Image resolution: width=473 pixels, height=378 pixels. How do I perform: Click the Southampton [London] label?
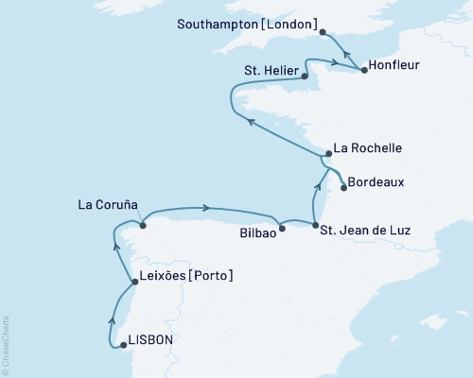[248, 22]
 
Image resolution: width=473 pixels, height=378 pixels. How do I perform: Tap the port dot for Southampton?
[324, 31]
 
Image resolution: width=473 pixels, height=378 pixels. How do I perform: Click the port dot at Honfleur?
[365, 70]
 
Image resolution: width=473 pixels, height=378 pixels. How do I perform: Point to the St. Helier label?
[271, 72]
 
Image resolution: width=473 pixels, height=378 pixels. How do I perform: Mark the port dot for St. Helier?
[305, 77]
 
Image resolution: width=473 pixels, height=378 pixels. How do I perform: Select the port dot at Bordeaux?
[343, 187]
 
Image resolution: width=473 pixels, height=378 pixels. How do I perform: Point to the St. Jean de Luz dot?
[315, 225]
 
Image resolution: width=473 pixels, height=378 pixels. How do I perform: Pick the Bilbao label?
[258, 231]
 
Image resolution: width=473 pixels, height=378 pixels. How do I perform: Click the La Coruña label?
[109, 205]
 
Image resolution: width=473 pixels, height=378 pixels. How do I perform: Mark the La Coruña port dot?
[142, 225]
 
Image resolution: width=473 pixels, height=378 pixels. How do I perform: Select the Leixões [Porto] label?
[185, 276]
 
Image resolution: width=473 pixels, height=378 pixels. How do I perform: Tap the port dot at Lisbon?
[123, 345]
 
